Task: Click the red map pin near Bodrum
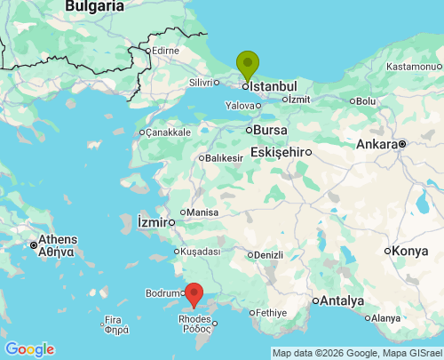click(194, 293)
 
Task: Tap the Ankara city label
click(377, 144)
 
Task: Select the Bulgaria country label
click(95, 6)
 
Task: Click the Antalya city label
click(343, 300)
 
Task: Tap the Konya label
click(409, 251)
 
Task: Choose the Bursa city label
click(270, 130)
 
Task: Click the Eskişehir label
click(277, 152)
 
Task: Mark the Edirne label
click(165, 51)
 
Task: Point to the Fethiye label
click(273, 313)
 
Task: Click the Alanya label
click(385, 318)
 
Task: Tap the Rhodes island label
click(194, 323)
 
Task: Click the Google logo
click(29, 349)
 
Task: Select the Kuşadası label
click(200, 252)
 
